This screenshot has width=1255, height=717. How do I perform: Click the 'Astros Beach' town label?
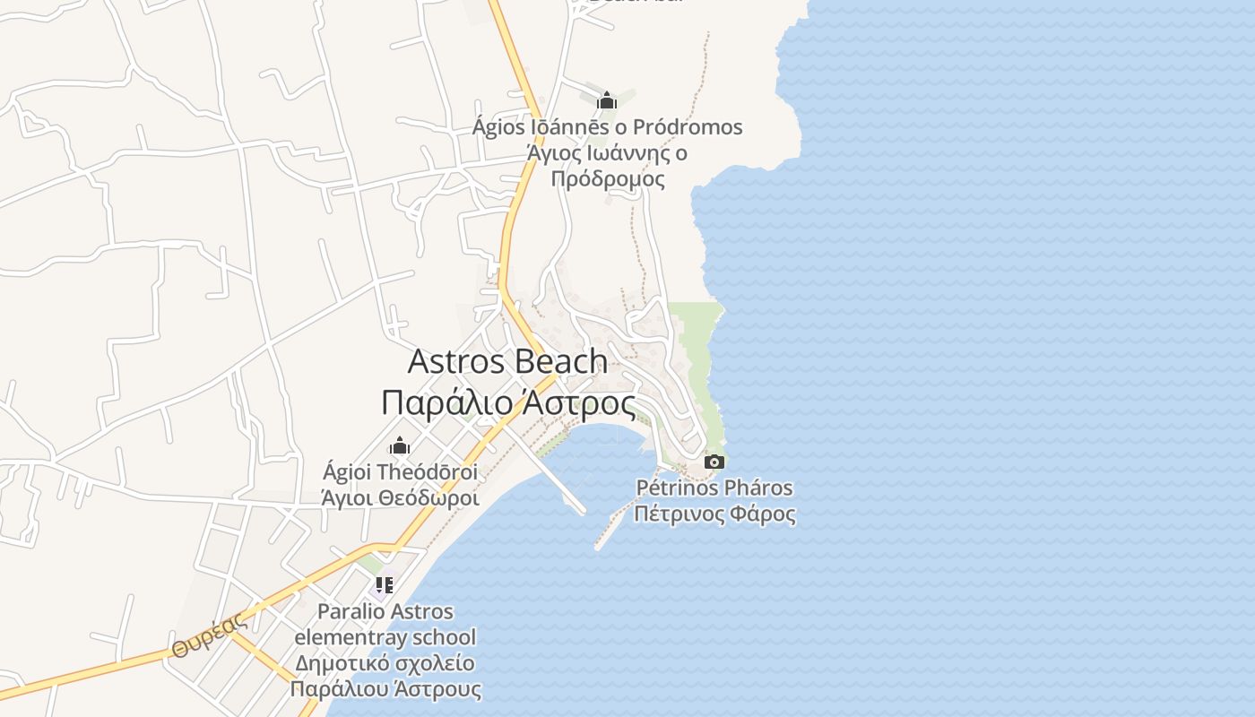coord(507,361)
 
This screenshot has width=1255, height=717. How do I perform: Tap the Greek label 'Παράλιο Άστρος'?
coord(507,402)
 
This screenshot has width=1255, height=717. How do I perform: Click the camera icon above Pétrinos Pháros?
coord(714,462)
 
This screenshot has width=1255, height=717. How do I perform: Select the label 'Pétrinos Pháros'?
coord(714,488)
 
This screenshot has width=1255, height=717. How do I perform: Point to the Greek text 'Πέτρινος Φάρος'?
coord(714,514)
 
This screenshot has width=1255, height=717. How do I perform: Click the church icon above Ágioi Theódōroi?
coord(400,445)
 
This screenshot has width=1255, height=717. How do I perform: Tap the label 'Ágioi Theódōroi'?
coord(400,471)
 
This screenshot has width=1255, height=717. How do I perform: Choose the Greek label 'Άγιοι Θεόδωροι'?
coord(400,497)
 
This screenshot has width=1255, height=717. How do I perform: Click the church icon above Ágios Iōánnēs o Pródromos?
coord(607,100)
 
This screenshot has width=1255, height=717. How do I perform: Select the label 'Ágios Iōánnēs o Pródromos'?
coord(607,127)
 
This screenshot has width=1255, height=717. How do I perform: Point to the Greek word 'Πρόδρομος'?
coord(607,178)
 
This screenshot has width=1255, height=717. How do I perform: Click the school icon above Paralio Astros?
coord(385,586)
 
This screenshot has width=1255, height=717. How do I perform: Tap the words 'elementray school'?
coord(385,638)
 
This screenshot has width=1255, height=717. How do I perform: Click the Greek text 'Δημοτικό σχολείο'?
coord(385,664)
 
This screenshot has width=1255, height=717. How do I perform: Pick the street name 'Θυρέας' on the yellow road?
coord(209,636)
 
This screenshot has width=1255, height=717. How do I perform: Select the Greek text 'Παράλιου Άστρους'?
coord(385,689)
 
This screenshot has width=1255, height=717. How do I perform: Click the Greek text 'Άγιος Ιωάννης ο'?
coord(607,153)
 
